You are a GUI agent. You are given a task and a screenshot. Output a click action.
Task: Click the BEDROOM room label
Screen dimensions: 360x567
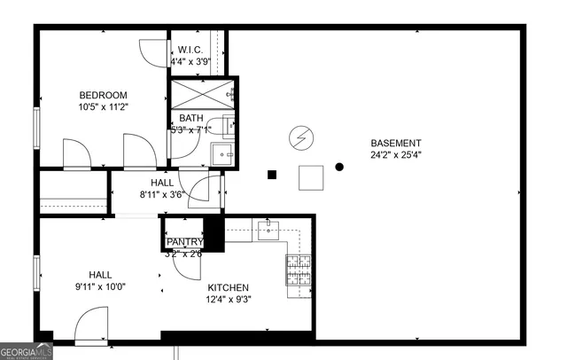pyautogui.click(x=103, y=96)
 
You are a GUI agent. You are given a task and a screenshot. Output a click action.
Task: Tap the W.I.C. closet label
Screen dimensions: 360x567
pyautogui.click(x=191, y=50)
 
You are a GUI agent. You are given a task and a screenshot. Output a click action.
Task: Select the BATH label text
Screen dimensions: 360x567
pyautogui.click(x=191, y=118)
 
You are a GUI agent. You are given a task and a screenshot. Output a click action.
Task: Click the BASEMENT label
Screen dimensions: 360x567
pyautogui.click(x=395, y=143)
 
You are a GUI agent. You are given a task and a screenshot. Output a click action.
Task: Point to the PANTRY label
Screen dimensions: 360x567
pyautogui.click(x=185, y=242)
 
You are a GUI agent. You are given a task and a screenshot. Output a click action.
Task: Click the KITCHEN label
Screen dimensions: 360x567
pyautogui.click(x=228, y=287)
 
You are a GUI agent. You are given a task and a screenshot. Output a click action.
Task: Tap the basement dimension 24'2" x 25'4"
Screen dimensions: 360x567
pyautogui.click(x=395, y=154)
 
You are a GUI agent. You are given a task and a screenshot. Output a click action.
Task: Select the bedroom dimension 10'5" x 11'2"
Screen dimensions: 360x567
pyautogui.click(x=103, y=107)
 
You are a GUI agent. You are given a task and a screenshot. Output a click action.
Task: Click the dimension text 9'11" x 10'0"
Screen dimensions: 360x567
pyautogui.click(x=99, y=286)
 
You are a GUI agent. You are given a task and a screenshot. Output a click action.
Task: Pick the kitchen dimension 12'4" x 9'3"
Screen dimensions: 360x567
pyautogui.click(x=228, y=299)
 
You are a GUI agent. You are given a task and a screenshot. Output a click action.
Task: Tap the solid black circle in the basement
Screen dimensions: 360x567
pyautogui.click(x=339, y=167)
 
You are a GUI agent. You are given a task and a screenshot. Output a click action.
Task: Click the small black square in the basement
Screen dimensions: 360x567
pyautogui.click(x=273, y=175)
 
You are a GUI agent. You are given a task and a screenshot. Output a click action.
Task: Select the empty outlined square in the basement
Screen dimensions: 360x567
pyautogui.click(x=311, y=177)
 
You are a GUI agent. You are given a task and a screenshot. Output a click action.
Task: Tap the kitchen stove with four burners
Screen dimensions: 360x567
pyautogui.click(x=297, y=270)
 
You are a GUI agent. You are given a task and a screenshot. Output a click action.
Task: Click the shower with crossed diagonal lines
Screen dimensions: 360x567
pyautogui.click(x=202, y=92)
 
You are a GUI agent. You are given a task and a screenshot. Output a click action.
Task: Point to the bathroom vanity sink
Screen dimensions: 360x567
pyautogui.click(x=222, y=155)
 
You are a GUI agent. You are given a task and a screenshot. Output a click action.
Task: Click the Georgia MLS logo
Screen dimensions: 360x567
pyautogui.click(x=27, y=350)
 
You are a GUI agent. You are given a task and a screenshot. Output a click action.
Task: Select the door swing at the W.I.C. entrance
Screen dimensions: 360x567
pyautogui.click(x=155, y=53)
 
